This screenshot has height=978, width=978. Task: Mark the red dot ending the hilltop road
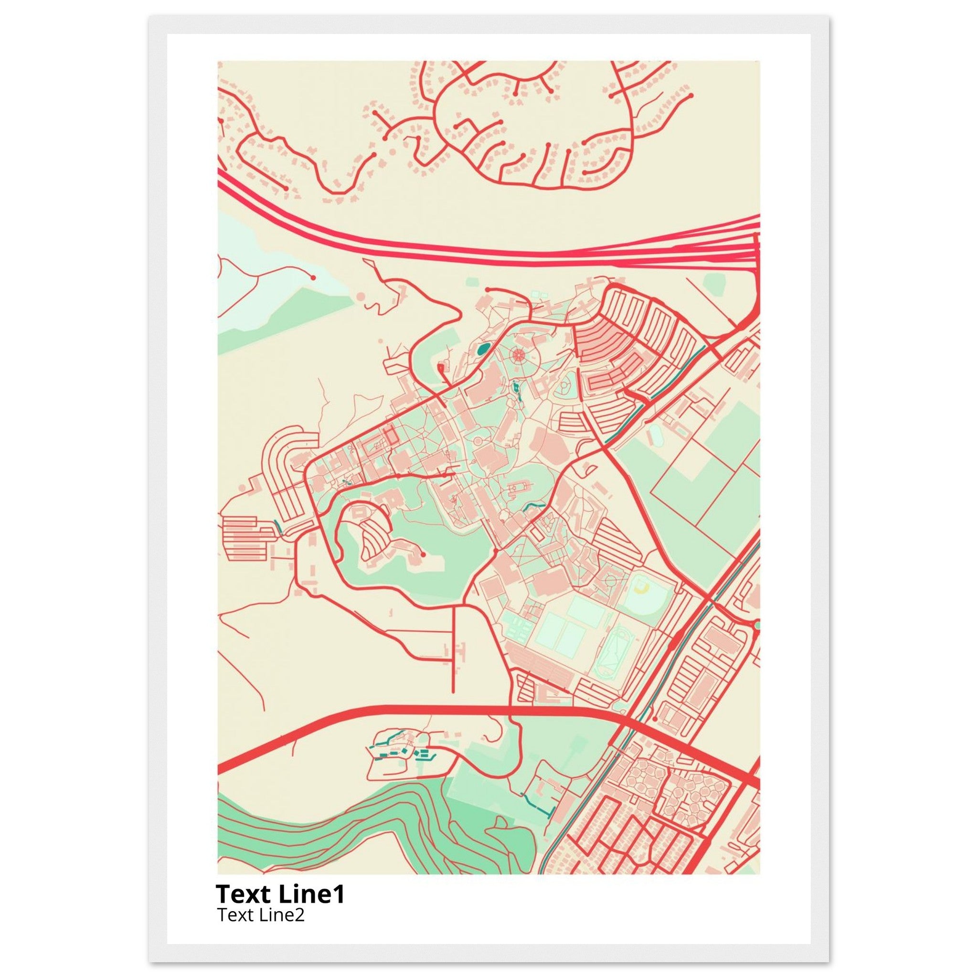click(x=423, y=555)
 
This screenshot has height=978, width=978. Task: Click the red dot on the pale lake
click(x=313, y=277)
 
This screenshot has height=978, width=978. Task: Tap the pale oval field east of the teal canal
click(x=656, y=435)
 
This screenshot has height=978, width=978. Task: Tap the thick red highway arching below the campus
click(x=456, y=711)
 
